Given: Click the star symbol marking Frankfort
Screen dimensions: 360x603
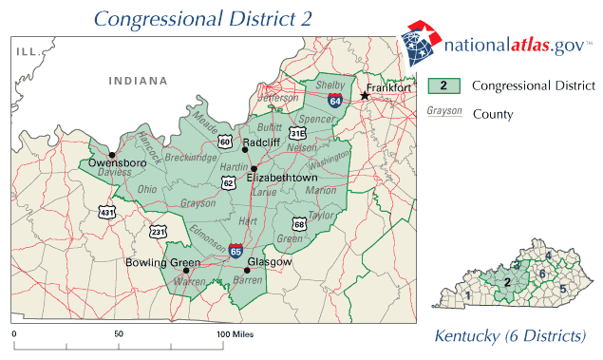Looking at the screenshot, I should pyautogui.click(x=364, y=95).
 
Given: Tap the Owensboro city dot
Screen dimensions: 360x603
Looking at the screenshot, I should pyautogui.click(x=112, y=155).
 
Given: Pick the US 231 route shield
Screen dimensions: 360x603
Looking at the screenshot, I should pyautogui.click(x=157, y=231).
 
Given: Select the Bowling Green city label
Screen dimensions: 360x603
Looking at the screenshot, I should pyautogui.click(x=158, y=261).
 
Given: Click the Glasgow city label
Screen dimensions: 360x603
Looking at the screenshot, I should pyautogui.click(x=268, y=261).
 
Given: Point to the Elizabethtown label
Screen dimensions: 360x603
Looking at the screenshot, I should pyautogui.click(x=281, y=178).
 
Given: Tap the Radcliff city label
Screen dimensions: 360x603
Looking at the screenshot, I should pyautogui.click(x=260, y=142).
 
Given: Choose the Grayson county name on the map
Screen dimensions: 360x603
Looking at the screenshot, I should pyautogui.click(x=198, y=202).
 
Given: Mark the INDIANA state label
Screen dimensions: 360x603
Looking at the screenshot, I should pyautogui.click(x=136, y=82).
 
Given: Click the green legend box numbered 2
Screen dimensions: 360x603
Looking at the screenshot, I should pyautogui.click(x=443, y=85).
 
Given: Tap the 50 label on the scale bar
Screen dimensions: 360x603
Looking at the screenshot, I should pyautogui.click(x=119, y=335).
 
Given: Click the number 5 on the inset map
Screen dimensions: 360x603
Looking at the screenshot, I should pyautogui.click(x=562, y=288).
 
